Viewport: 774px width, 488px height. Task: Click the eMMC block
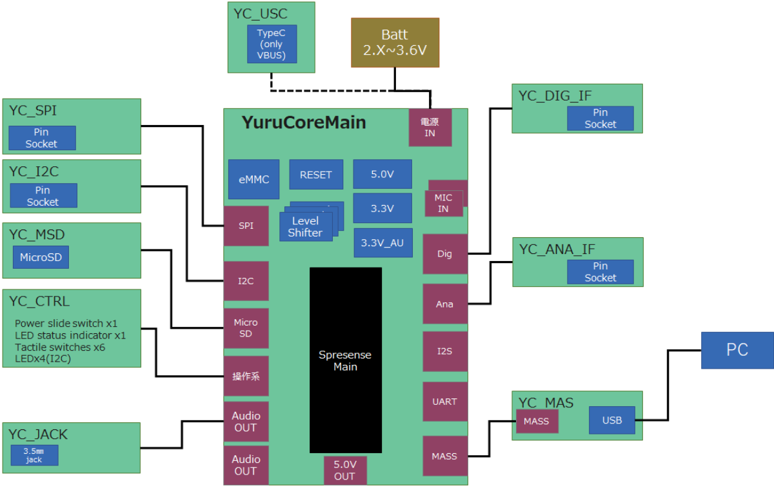[253, 179]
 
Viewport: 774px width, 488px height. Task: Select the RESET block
[315, 175]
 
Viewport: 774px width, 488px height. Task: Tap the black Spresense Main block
[345, 360]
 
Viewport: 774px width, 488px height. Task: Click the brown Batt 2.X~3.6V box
[395, 43]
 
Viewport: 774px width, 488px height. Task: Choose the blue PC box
[737, 350]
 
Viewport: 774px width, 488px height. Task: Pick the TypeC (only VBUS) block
[272, 44]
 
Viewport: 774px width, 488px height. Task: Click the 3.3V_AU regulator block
[382, 242]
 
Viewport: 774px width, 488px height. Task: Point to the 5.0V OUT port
[344, 470]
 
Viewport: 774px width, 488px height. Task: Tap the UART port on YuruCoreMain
[444, 402]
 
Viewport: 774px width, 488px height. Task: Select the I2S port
[444, 351]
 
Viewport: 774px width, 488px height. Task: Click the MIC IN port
[444, 202]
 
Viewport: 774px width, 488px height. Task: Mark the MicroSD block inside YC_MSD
[41, 257]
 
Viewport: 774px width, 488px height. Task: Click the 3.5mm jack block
[34, 455]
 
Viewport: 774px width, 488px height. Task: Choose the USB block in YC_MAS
[611, 420]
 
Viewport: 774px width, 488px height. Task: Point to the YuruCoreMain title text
[304, 122]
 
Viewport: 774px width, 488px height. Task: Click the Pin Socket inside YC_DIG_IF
[600, 119]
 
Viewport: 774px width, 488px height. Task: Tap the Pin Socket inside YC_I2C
[43, 195]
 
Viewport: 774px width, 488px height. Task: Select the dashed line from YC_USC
[335, 90]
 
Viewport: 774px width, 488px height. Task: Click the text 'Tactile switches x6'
[60, 347]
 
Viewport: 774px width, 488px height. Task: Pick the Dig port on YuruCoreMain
[444, 254]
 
